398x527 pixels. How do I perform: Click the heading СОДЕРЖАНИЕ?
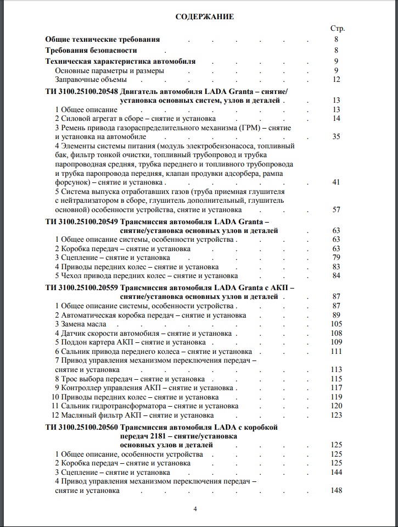[204, 16]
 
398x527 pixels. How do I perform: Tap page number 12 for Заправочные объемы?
[337, 80]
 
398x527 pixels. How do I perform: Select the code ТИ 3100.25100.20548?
[81, 91]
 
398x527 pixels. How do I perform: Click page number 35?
[337, 136]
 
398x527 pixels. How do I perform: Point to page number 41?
[337, 182]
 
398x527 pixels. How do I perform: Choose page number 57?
[337, 209]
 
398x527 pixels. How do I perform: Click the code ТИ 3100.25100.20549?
[81, 221]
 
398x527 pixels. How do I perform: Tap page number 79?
[337, 258]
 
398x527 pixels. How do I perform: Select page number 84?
[337, 275]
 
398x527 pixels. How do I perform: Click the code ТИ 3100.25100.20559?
[81, 287]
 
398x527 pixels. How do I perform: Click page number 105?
[337, 324]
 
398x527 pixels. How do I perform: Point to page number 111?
[337, 351]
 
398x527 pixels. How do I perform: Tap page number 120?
[337, 406]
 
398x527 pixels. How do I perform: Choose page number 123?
[337, 415]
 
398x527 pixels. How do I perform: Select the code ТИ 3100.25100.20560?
[81, 427]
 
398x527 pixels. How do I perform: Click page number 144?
[337, 472]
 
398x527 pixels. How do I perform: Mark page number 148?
[337, 490]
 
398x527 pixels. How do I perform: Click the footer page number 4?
[195, 508]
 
